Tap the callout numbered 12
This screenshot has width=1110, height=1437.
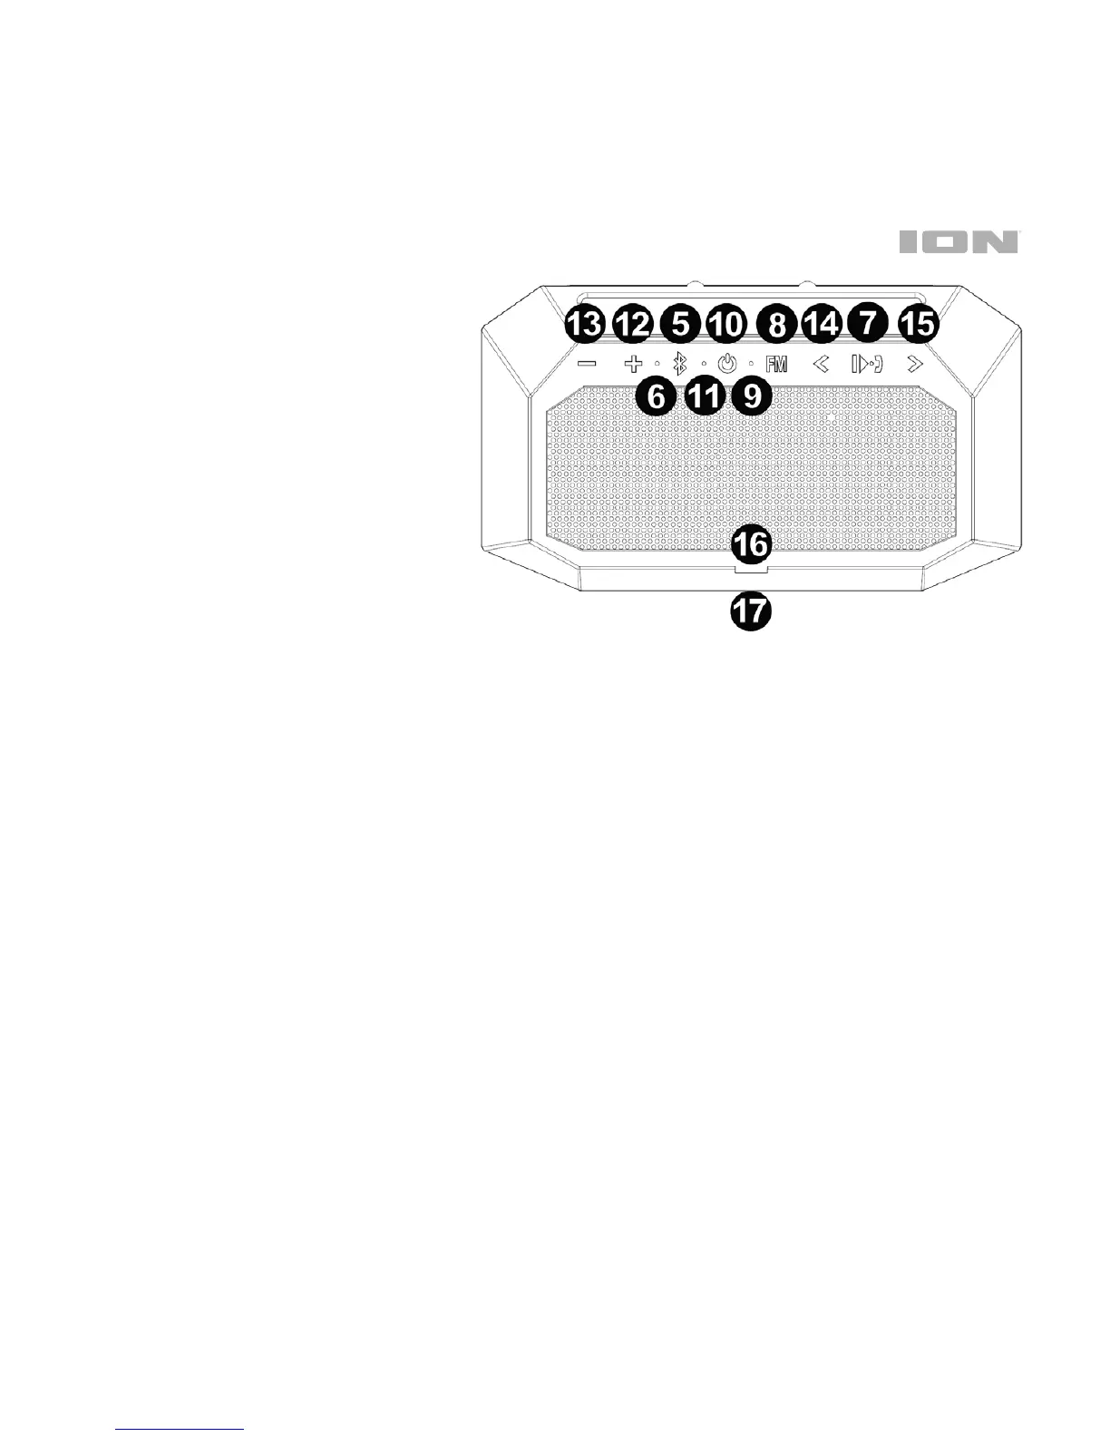(x=633, y=324)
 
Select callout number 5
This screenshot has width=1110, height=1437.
(x=679, y=324)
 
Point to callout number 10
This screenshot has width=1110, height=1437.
(x=727, y=324)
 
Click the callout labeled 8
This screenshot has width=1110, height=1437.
(x=776, y=324)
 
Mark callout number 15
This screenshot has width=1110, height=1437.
(x=918, y=324)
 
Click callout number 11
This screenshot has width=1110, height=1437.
(x=704, y=396)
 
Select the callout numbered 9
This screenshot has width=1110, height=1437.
(x=751, y=396)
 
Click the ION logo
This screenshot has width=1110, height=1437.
(x=959, y=242)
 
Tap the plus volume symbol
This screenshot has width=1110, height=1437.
(x=633, y=365)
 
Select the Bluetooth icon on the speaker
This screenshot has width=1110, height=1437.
(x=680, y=365)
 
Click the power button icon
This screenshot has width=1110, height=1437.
(x=727, y=365)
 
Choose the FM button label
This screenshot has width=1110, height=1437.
(x=776, y=365)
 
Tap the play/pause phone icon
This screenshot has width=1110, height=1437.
(x=867, y=365)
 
